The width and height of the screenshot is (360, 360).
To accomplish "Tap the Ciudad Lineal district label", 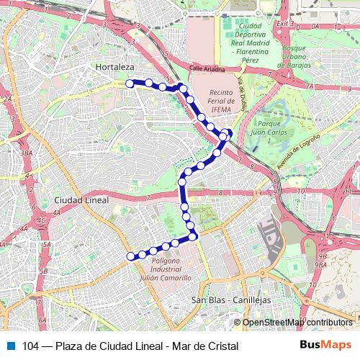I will pyautogui.click(x=81, y=199).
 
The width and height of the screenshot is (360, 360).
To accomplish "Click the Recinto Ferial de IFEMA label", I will pyautogui.click(x=223, y=102).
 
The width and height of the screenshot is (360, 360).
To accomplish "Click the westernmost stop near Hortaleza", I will pyautogui.click(x=130, y=84).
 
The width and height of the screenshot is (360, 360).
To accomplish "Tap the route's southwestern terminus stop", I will pyautogui.click(x=130, y=256).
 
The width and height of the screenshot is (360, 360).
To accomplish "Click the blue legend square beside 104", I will pyautogui.click(x=11, y=346).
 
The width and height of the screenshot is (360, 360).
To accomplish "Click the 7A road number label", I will pyautogui.click(x=310, y=86).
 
